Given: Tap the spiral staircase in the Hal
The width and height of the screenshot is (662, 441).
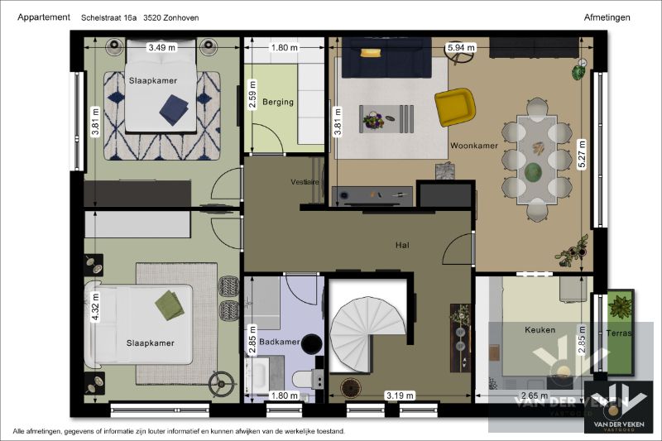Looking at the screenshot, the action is point(367,333).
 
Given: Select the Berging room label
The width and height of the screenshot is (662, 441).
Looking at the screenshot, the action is point(278,102).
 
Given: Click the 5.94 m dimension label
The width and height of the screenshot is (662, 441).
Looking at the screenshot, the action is point(462,48).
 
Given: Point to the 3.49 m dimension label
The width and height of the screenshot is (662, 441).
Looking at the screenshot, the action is point(161,48).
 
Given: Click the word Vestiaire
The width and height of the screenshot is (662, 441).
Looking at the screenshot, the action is point(305,182).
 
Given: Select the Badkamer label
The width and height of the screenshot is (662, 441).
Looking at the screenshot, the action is point(280,342).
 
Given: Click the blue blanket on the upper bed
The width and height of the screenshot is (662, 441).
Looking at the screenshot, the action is point(175,110).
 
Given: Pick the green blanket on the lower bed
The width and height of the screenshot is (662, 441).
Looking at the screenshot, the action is point(170,305).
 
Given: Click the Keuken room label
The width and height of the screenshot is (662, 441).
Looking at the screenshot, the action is point(540,329).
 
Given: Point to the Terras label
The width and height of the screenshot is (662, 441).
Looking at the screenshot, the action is point(619,333).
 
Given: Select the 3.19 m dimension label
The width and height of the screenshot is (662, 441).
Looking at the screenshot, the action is point(400,395).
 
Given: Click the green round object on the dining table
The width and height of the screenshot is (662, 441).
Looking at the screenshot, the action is point(534,172).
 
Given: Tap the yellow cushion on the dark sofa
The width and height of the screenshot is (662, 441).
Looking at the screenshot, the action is point(371,52).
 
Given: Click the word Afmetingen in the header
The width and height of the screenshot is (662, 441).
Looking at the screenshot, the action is point(607,17).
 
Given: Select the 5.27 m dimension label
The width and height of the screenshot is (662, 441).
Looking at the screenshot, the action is point(583,154).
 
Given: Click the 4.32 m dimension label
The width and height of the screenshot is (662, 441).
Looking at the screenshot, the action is point(96,307).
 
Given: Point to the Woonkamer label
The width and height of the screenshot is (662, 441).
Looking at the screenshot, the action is point(474,146).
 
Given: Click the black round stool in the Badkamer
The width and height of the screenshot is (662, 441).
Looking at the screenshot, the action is point(312,343).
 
